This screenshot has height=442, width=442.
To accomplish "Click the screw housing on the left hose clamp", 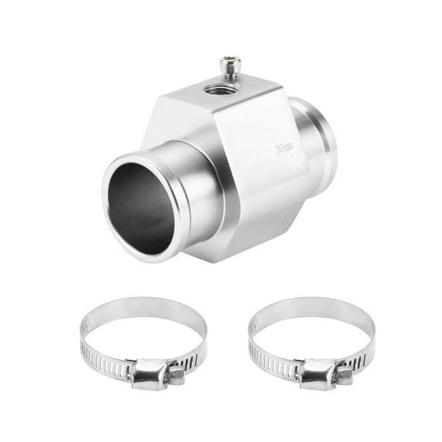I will [151, 373].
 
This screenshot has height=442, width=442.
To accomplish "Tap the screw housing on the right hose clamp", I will [318, 373].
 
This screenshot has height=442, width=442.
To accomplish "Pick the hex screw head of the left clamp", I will [177, 375].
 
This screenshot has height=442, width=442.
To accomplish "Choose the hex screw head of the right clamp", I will [344, 375].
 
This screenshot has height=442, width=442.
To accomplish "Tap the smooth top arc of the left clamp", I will [143, 304].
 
